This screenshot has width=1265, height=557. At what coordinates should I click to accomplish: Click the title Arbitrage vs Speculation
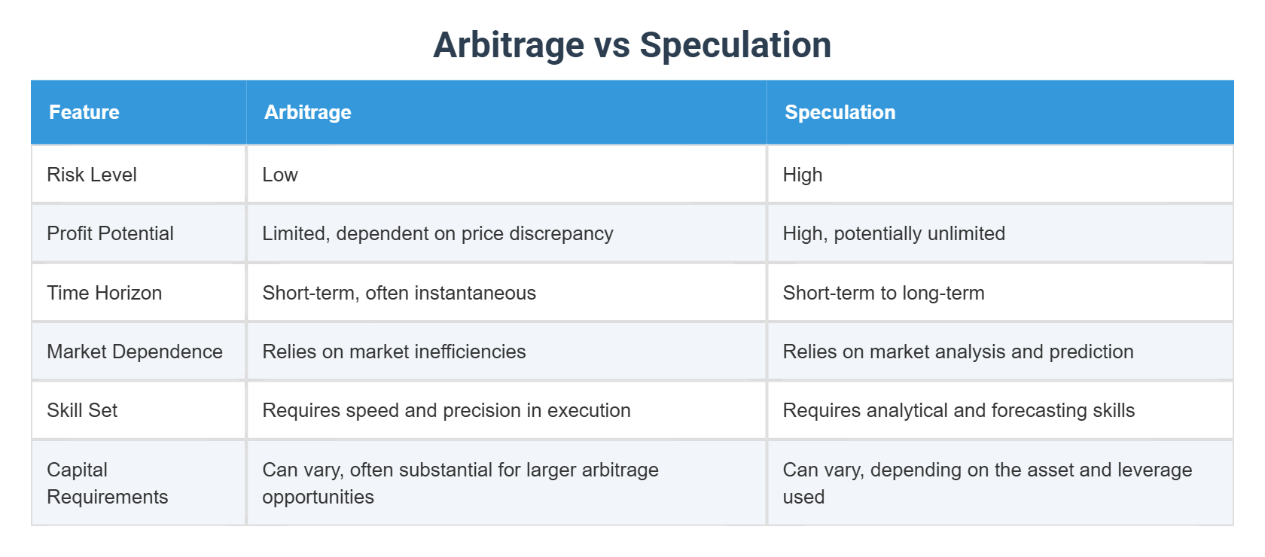tap(632, 45)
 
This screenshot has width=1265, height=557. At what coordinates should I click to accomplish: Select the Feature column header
tap(84, 112)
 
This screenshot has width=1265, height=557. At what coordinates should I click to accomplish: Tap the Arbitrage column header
tap(307, 112)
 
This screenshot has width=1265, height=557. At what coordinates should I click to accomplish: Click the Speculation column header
tap(840, 112)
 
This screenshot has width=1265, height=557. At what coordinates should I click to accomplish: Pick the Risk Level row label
tap(92, 175)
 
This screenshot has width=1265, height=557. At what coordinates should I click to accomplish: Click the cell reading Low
tap(280, 175)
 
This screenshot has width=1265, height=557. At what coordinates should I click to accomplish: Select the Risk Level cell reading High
tap(803, 175)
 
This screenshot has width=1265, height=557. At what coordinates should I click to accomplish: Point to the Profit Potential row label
tap(110, 233)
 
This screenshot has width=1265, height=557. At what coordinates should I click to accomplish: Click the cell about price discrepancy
tap(437, 233)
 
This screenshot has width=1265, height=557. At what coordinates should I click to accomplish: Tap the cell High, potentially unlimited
tap(894, 233)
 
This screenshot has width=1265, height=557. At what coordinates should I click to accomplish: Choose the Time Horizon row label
tap(104, 293)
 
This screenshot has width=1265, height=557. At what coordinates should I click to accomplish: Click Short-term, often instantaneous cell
tap(399, 293)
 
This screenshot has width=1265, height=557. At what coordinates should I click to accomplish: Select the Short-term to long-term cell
tap(883, 293)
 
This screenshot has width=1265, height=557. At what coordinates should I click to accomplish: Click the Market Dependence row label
tap(135, 352)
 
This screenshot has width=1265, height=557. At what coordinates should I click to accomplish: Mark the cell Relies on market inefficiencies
tap(394, 352)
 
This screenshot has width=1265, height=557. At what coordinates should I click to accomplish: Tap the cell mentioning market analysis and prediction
tap(958, 352)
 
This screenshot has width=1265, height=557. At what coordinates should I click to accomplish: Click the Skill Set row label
tap(82, 410)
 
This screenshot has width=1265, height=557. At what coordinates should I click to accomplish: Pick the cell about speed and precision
tap(446, 410)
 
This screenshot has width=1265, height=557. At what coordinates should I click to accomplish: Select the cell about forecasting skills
tap(959, 410)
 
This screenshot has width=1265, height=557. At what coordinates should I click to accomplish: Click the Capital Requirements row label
tap(107, 483)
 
